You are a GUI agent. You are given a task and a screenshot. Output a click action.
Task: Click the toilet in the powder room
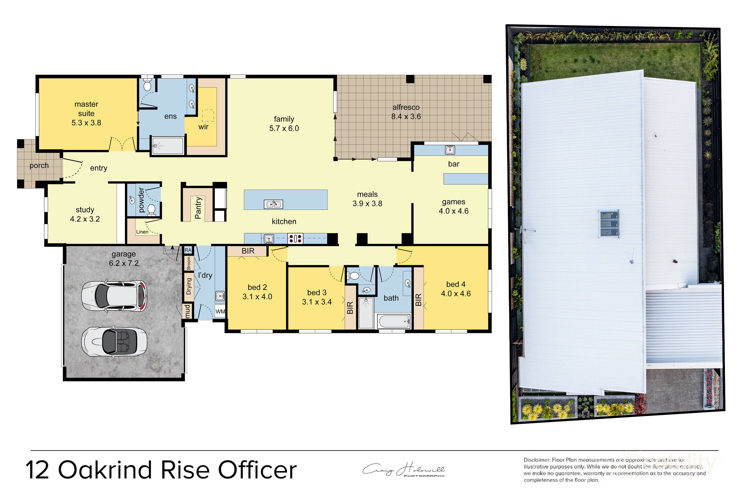coord(152,210)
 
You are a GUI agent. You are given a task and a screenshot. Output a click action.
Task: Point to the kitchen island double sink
coord(273,204)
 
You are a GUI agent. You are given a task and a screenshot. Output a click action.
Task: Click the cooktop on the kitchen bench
coord(295,238)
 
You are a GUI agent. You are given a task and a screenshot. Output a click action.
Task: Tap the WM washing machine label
coord(220,312)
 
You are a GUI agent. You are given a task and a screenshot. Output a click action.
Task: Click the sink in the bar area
coord(450,150)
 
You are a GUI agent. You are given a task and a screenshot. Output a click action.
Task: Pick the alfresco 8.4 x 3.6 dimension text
coord(406,117)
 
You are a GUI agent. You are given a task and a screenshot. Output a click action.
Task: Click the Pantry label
coord(198,208)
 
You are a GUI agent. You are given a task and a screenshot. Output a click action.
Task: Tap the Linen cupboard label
coord(142,232)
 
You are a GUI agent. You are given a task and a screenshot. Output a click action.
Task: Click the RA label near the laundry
coord(188,250)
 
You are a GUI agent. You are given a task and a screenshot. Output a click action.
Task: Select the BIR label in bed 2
coord(248,251)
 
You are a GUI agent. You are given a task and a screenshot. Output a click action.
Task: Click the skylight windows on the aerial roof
coord(609,224)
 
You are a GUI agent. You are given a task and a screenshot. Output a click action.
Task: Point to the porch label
coord(39,165)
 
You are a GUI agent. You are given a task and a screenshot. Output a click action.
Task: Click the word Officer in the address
coord(257,470)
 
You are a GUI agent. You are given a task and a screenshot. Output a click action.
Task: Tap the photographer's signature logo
coord(403,470)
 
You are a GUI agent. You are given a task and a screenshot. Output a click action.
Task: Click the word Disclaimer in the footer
coord(536,460)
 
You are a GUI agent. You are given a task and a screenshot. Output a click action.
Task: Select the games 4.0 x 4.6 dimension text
coord(453,211)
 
